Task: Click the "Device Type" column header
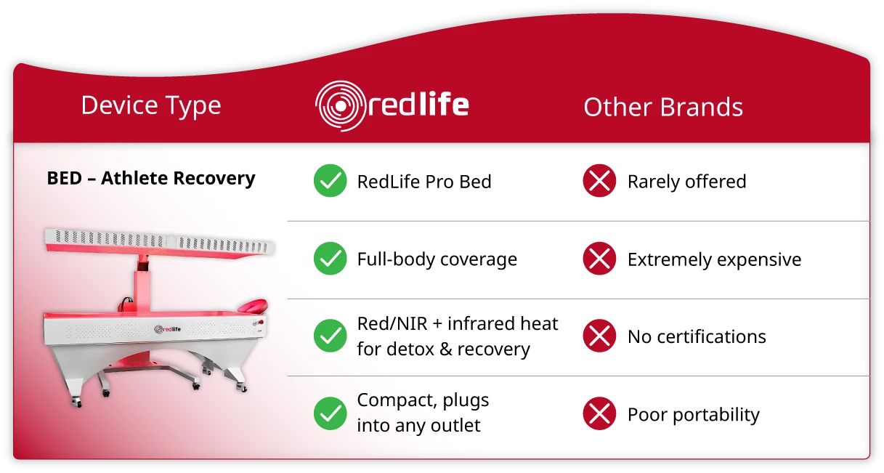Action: (x=151, y=106)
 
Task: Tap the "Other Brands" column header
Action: (x=663, y=107)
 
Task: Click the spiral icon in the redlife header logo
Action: (x=341, y=106)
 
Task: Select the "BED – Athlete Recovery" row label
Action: (x=151, y=178)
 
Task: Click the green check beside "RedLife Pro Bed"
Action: (x=331, y=180)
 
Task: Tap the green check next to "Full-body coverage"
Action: (x=331, y=258)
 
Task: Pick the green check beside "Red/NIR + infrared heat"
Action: (x=331, y=336)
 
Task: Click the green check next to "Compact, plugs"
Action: (x=331, y=413)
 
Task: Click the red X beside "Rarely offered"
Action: (x=599, y=180)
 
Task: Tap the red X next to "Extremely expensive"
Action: (x=599, y=258)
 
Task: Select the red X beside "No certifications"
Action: (x=599, y=336)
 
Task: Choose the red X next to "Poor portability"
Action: (x=599, y=413)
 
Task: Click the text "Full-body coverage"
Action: (x=437, y=259)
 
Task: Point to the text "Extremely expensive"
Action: (x=714, y=260)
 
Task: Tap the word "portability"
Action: (x=716, y=415)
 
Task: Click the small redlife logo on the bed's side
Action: (x=168, y=329)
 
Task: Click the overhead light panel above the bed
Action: (x=160, y=243)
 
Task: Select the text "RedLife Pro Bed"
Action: (x=424, y=182)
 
